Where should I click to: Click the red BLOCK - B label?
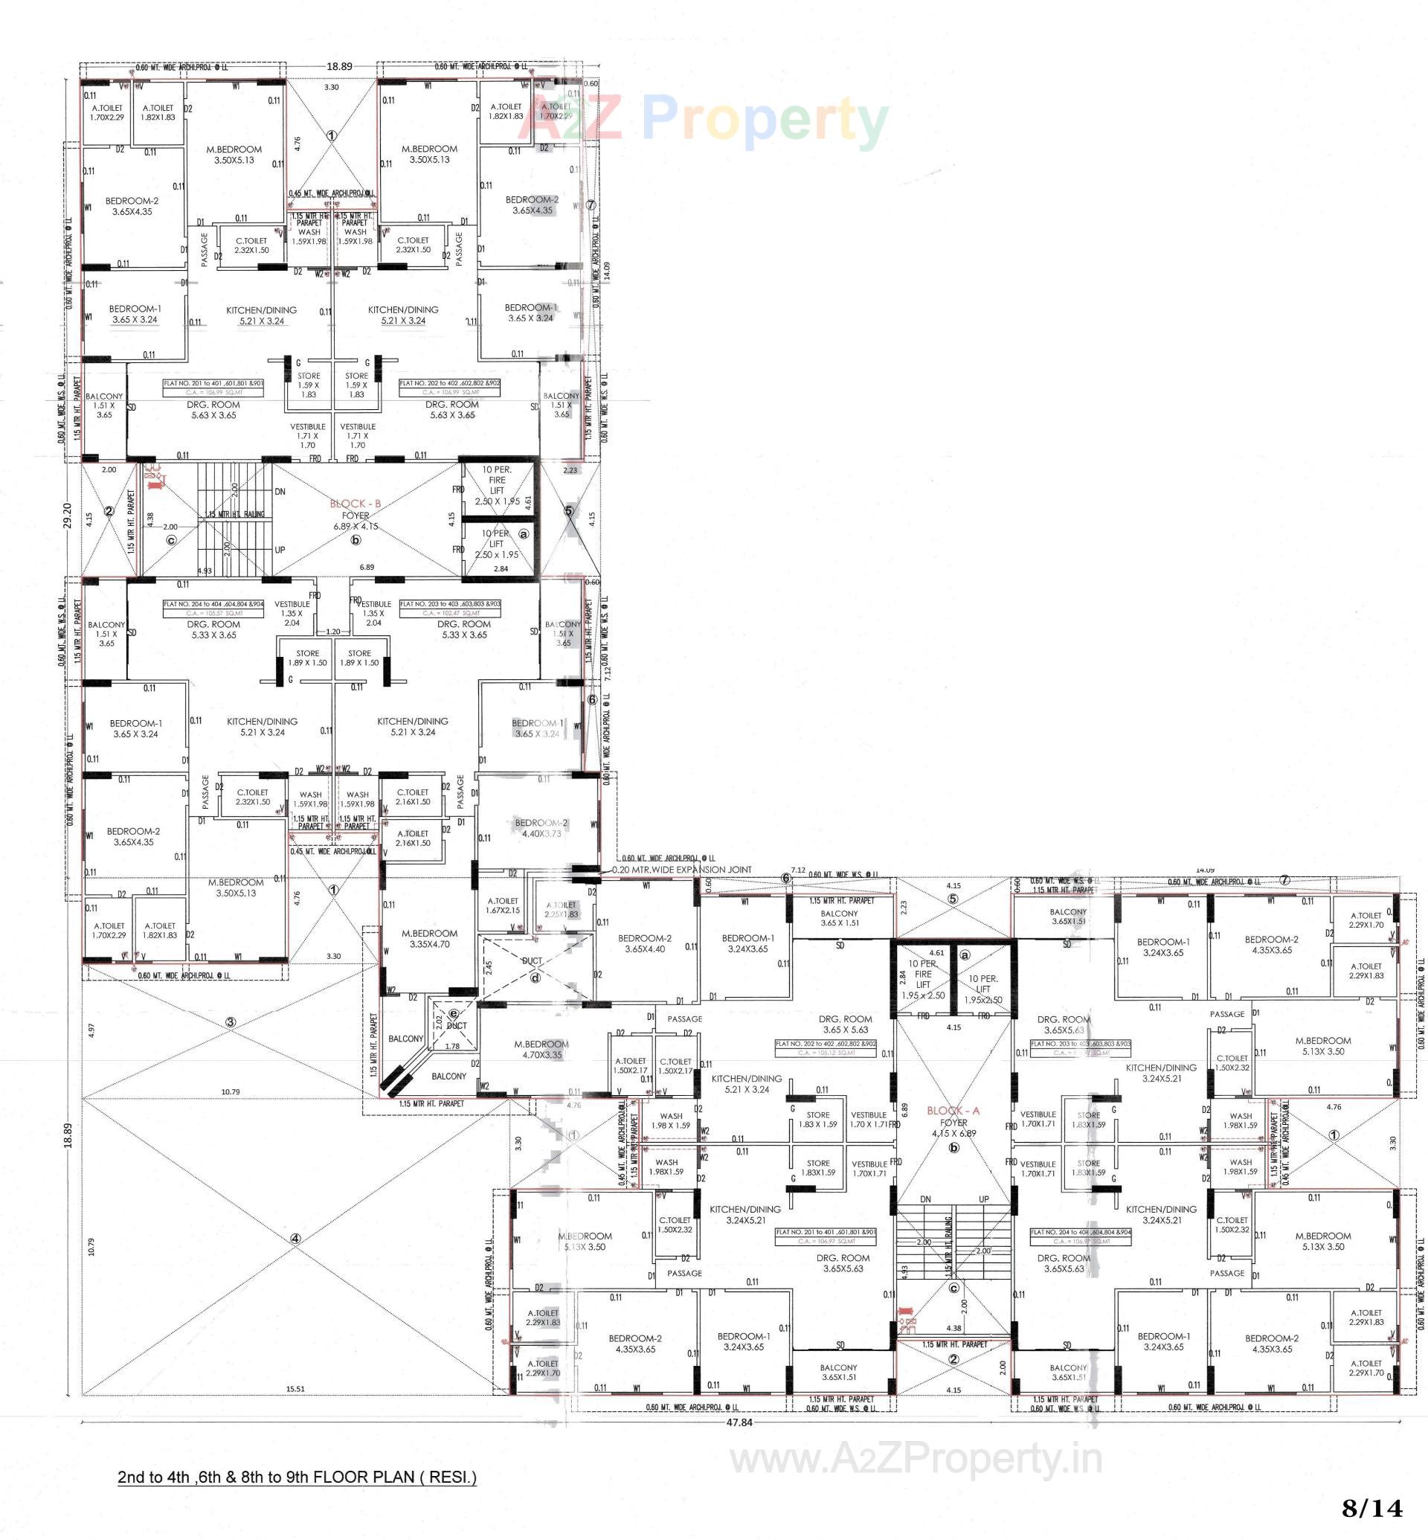(355, 503)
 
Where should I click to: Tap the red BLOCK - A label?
(953, 1111)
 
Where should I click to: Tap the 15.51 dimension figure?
(295, 1388)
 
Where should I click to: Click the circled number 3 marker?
(231, 1023)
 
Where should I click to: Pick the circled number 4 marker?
(295, 1239)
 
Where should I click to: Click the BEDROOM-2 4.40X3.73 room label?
(541, 828)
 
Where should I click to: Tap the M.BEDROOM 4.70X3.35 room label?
(541, 1049)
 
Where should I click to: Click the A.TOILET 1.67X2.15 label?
(503, 905)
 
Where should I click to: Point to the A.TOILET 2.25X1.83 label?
(561, 909)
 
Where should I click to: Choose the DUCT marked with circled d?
(533, 966)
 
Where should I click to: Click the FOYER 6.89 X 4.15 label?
(356, 520)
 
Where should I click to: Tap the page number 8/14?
(1371, 1507)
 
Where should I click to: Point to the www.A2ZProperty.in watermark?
(916, 1459)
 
